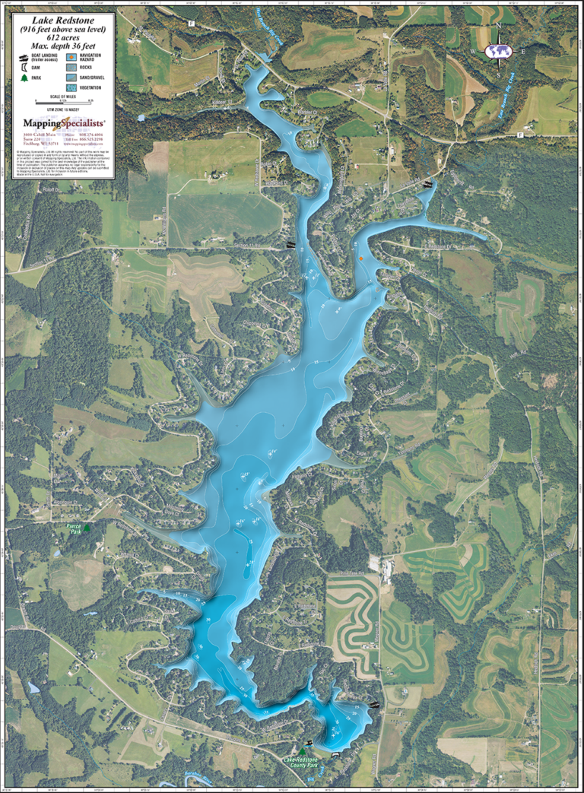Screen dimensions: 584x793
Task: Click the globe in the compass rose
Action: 499,51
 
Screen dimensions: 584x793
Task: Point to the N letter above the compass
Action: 499,27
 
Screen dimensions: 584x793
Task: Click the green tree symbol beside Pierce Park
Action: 87,527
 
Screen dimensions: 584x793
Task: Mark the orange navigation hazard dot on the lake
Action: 361,259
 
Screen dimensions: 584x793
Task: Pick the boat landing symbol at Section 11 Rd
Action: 290,243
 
